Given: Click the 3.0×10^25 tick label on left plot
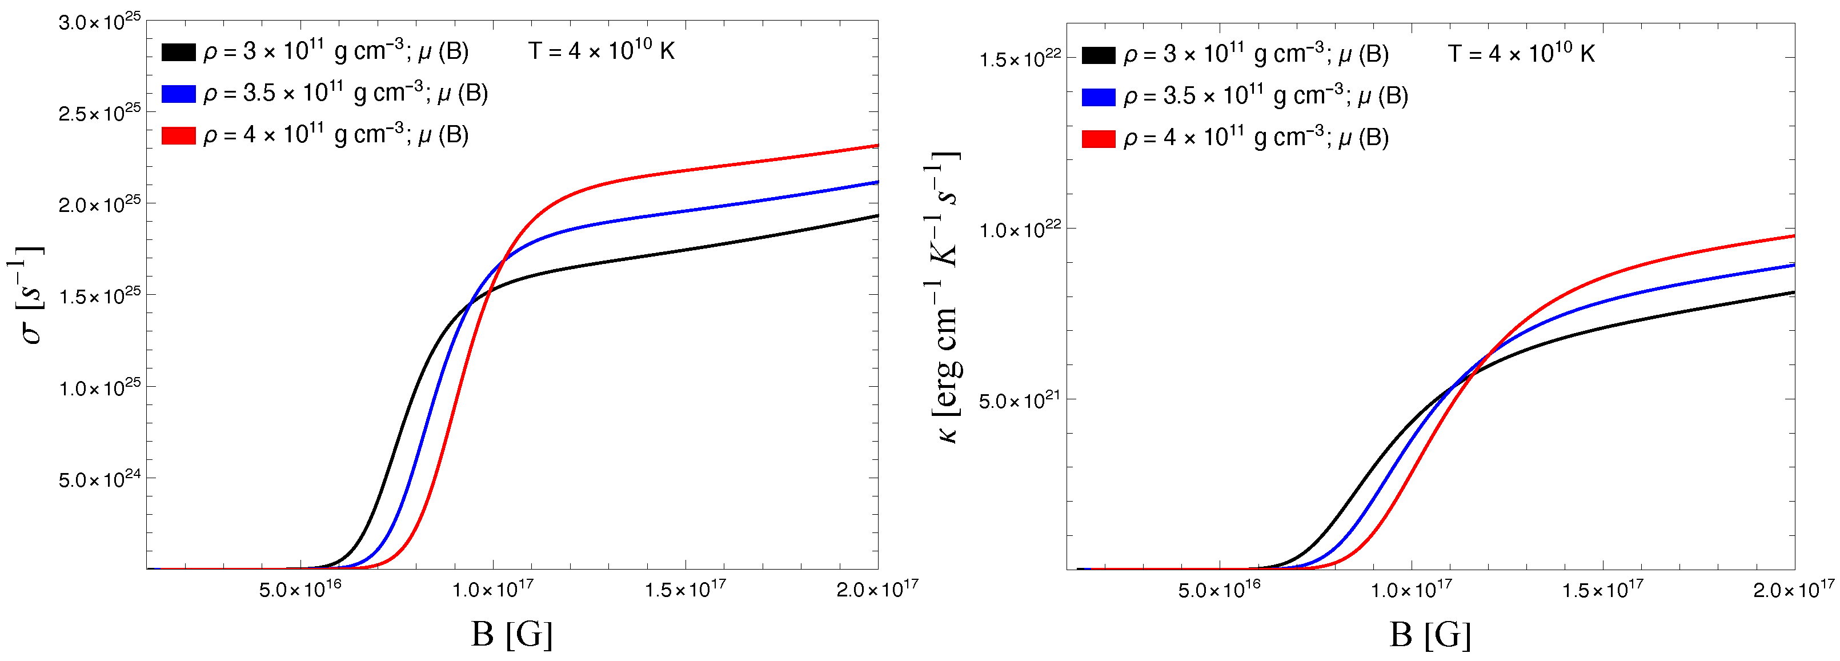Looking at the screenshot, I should [x=99, y=22].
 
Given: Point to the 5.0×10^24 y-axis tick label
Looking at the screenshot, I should [x=99, y=479].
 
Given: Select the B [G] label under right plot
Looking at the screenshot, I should [x=1430, y=634].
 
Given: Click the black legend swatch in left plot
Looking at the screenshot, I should [x=178, y=52].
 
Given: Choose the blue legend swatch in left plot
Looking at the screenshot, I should [x=178, y=94].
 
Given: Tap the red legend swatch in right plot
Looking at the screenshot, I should [x=1098, y=139].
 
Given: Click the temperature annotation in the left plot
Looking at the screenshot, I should [x=602, y=51].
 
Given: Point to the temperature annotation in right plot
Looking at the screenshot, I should [x=1521, y=54].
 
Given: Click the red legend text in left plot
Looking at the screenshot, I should [x=336, y=135].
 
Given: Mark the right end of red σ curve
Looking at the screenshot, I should [x=876, y=146].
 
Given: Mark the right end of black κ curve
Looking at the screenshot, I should [x=1793, y=293].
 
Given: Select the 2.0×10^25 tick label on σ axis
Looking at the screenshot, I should [x=99, y=205].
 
